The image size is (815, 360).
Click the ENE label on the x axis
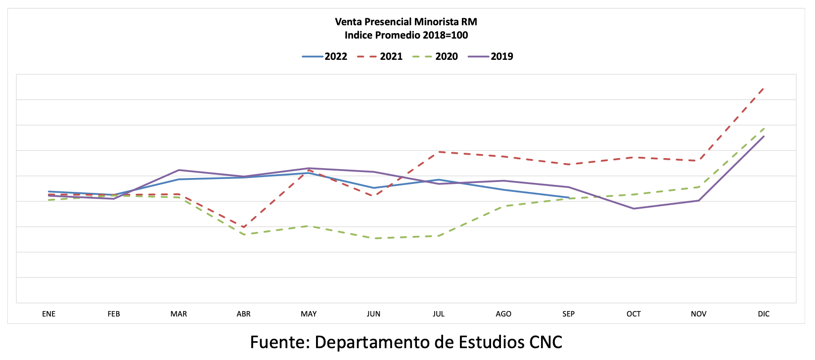tap(49, 314)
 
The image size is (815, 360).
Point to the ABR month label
tap(244, 314)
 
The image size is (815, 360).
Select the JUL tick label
tap(439, 314)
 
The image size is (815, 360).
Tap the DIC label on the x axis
tap(764, 314)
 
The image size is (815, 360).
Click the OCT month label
tap(634, 314)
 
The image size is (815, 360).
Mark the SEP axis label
tap(569, 314)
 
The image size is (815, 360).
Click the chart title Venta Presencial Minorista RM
tap(406, 22)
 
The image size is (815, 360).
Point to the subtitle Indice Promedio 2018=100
tap(406, 35)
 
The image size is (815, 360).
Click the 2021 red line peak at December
tap(764, 89)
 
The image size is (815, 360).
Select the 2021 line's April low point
tap(244, 227)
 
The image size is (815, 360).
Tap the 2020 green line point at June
tap(374, 238)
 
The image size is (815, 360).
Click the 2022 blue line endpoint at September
tap(569, 198)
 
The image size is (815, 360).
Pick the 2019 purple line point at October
tap(634, 209)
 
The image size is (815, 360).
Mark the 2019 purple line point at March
tap(179, 170)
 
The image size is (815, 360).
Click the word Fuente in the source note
tap(280, 342)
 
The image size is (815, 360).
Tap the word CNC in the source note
tap(546, 342)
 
